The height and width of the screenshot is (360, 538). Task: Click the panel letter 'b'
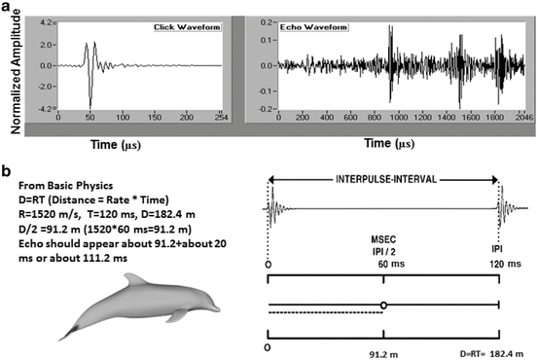7,172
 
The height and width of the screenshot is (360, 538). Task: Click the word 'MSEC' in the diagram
385,236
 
